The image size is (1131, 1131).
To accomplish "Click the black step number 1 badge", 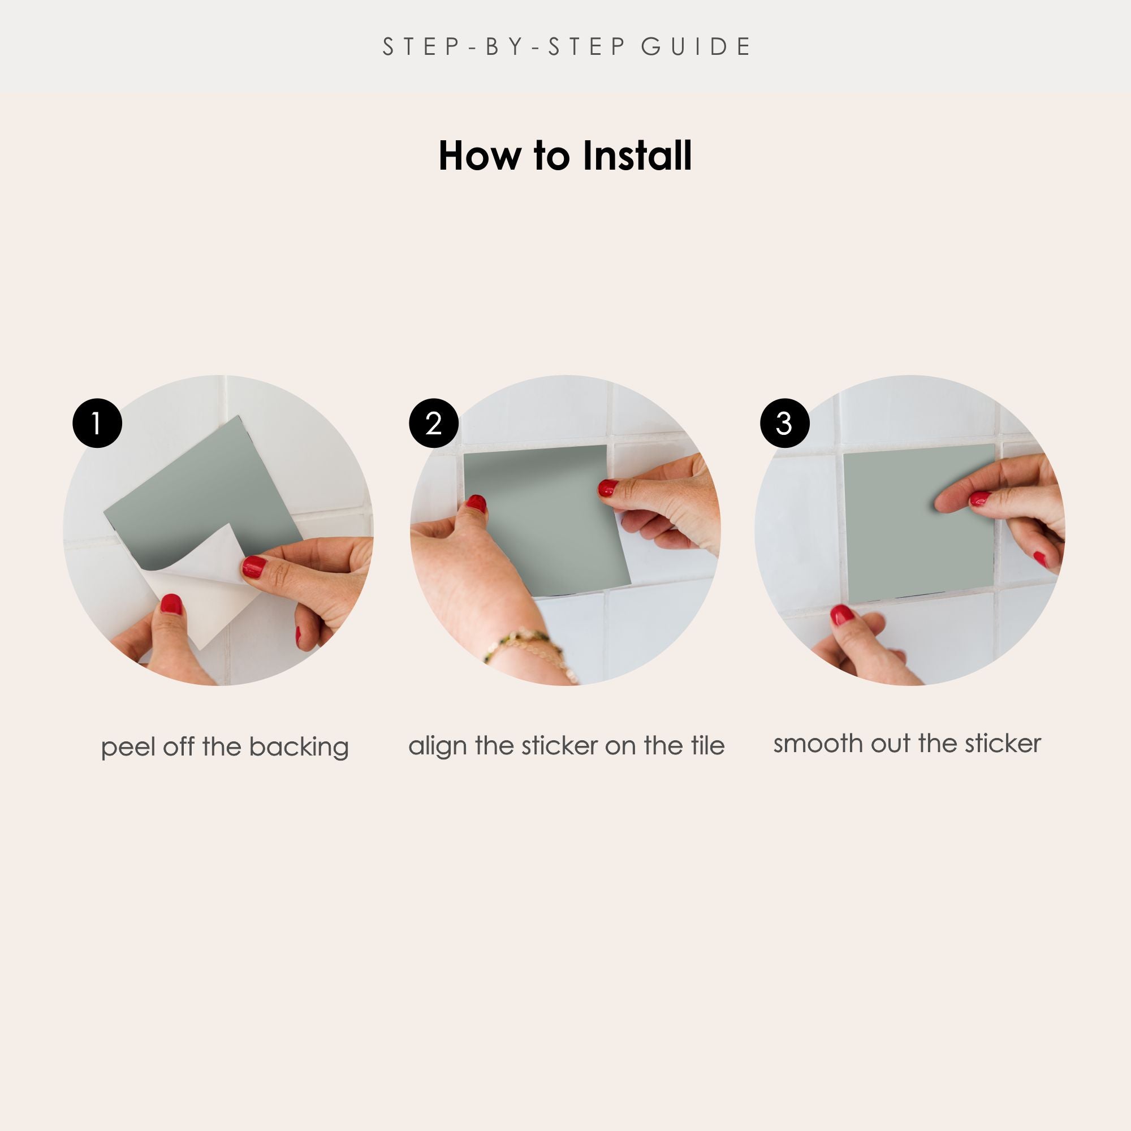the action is [97, 423].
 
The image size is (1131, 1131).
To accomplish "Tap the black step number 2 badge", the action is [434, 423].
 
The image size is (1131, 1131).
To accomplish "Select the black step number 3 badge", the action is [784, 423].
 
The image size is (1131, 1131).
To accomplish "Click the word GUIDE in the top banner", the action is [696, 47].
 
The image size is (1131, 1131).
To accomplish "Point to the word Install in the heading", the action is [637, 156].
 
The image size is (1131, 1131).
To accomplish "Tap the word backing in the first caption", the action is [299, 748].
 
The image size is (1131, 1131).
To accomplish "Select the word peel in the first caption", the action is [128, 748].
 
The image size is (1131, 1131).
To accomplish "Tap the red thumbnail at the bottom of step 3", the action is [843, 615].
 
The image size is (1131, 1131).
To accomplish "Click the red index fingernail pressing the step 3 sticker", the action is [979, 499].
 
